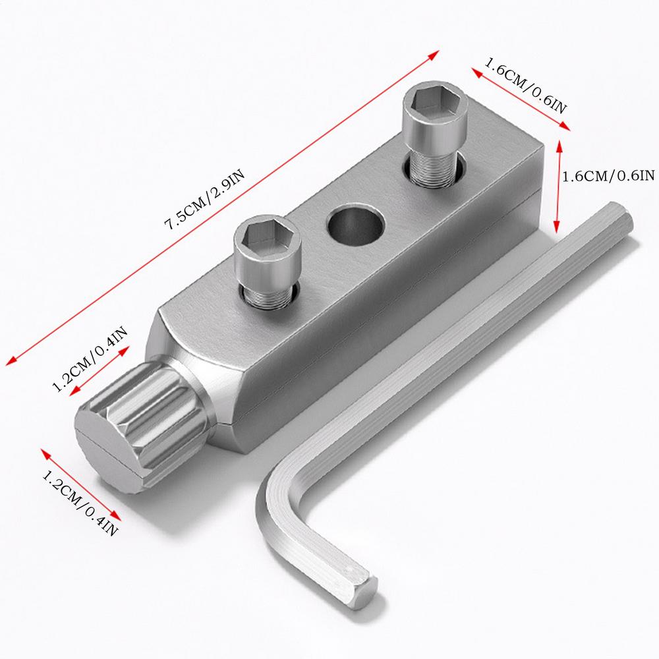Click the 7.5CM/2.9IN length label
[206, 201]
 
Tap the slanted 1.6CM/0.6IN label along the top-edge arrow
[525, 88]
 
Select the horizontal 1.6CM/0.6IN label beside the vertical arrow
[607, 175]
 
